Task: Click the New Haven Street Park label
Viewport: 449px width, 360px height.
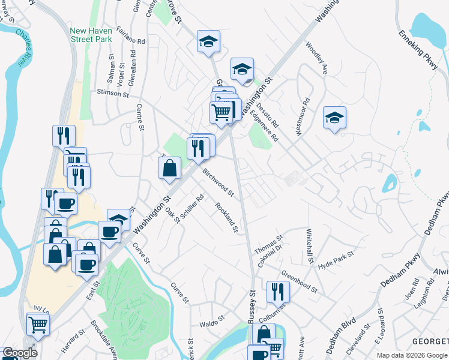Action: point(91,35)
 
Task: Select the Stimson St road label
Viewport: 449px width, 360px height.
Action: point(113,94)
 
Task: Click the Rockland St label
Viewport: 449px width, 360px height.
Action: point(228,218)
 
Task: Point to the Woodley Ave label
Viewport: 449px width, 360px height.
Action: point(316,57)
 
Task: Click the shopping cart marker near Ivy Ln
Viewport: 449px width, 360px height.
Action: point(38,324)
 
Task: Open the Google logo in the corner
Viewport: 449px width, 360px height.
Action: point(20,353)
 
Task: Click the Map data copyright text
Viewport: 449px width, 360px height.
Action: point(411,355)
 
